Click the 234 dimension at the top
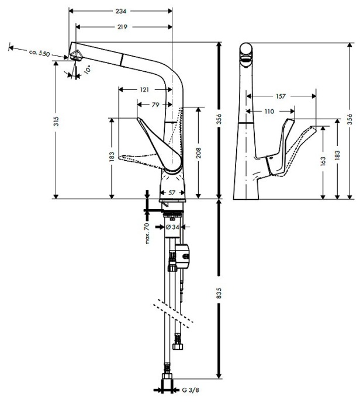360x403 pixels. pyautogui.click(x=120, y=11)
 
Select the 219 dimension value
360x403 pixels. pyautogui.click(x=122, y=27)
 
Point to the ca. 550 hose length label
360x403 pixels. pyautogui.click(x=39, y=53)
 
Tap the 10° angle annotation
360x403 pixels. pyautogui.click(x=88, y=70)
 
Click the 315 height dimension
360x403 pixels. pyautogui.click(x=56, y=121)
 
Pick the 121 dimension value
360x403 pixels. pyautogui.click(x=144, y=89)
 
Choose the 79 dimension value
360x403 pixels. pyautogui.click(x=155, y=105)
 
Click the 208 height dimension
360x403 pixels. pyautogui.click(x=199, y=152)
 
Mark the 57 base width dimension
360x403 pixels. pyautogui.click(x=171, y=193)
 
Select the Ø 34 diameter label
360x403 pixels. pyautogui.click(x=172, y=227)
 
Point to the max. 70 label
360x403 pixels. pyautogui.click(x=147, y=234)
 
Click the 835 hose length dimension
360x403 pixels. pyautogui.click(x=219, y=293)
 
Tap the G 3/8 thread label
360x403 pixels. pyautogui.click(x=191, y=390)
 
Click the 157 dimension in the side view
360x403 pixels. pyautogui.click(x=281, y=96)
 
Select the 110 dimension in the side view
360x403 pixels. pyautogui.click(x=269, y=112)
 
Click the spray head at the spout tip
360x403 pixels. pyautogui.click(x=75, y=55)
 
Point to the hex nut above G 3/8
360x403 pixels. pyautogui.click(x=167, y=377)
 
